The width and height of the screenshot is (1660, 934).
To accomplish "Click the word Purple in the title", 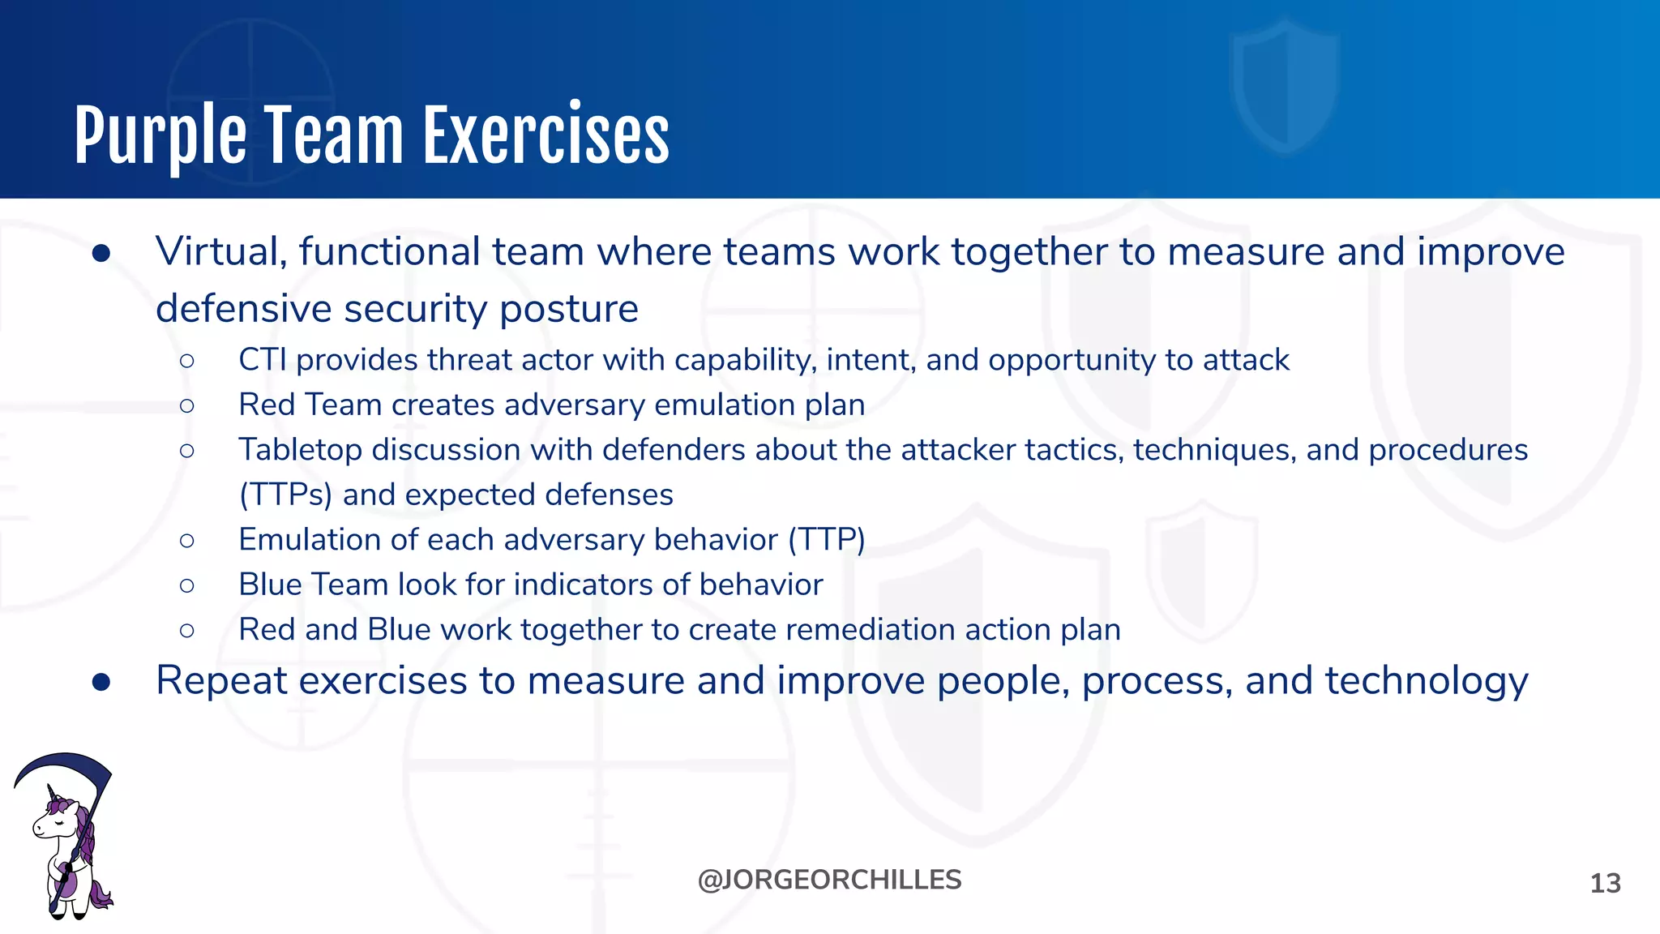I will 160,136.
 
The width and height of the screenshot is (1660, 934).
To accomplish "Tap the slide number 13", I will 1605,883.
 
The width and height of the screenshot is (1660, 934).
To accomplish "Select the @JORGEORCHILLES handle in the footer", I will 829,880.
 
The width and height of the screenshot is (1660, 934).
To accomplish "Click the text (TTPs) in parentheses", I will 285,495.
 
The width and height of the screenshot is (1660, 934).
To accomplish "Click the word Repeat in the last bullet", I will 221,681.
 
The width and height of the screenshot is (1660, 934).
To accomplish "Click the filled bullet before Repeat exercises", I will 101,682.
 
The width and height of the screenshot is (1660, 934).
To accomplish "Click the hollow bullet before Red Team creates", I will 187,405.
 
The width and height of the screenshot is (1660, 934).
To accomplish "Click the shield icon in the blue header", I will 1284,85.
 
